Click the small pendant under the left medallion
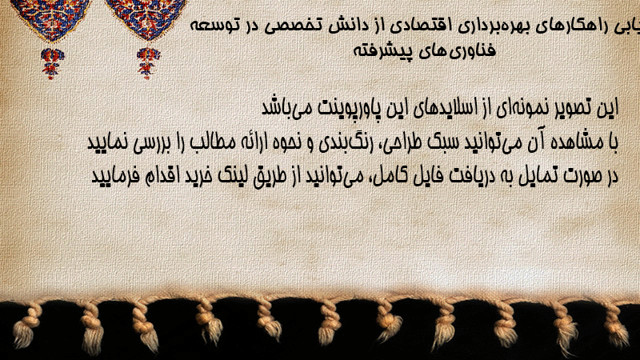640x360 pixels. coord(52,63)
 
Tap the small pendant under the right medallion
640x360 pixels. coord(148,63)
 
